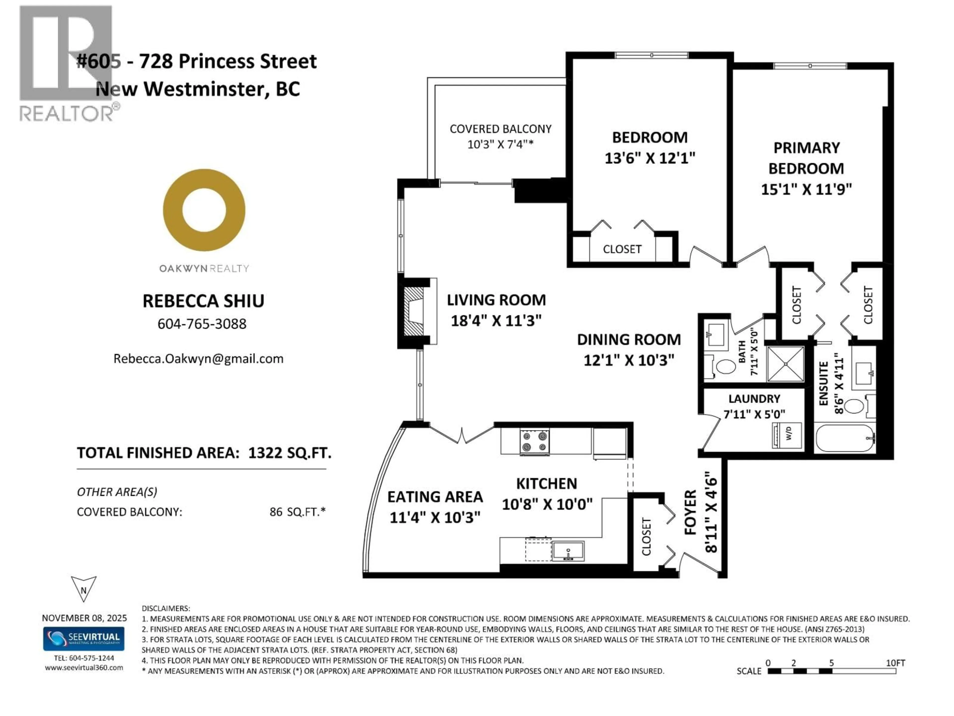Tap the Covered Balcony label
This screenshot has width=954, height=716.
click(x=500, y=129)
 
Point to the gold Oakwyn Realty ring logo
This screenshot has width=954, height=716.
click(x=204, y=210)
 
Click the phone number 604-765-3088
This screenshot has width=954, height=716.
click(x=202, y=324)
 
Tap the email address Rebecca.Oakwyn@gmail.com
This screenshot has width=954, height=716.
click(x=199, y=359)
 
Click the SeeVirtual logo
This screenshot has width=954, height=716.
click(x=84, y=638)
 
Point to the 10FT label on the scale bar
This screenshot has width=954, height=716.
click(x=895, y=663)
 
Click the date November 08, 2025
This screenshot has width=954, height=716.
click(x=84, y=618)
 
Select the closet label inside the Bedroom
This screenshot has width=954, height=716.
click(x=622, y=249)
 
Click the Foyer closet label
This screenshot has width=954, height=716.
click(x=646, y=537)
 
